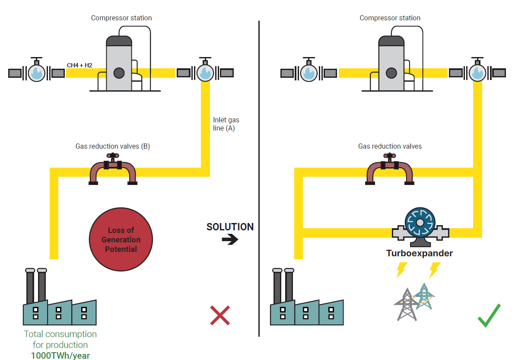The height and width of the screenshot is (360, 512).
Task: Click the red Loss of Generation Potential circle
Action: [x=121, y=240]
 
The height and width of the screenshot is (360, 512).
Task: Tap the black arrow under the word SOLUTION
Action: [x=230, y=239]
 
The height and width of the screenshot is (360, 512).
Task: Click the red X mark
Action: [x=220, y=315]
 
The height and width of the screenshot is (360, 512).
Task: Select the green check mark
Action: [x=489, y=316]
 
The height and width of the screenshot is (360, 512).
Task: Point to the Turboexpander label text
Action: [x=420, y=253]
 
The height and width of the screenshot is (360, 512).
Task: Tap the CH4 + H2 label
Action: [x=80, y=66]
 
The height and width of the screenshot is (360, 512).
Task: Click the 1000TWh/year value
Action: [x=60, y=356]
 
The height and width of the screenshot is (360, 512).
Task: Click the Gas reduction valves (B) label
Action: [x=113, y=147]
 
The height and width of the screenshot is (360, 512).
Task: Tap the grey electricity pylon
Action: [x=406, y=305]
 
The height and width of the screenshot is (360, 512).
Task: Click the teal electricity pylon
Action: [x=424, y=296]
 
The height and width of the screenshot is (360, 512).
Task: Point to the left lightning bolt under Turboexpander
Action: [x=401, y=270]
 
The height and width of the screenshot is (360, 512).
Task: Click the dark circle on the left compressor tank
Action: [x=119, y=73]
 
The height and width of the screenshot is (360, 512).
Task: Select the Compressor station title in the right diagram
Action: [x=390, y=18]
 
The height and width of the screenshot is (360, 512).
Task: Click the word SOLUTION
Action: [x=230, y=227]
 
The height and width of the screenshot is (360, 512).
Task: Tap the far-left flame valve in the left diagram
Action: [x=36, y=73]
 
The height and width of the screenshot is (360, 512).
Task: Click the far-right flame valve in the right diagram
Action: [x=477, y=72]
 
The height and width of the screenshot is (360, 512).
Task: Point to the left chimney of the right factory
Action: [x=277, y=287]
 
